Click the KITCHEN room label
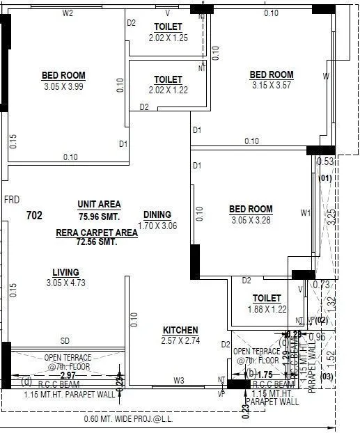(180, 330)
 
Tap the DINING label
(157, 215)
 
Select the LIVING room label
(65, 272)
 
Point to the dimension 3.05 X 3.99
(63, 86)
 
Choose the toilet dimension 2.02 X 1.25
(168, 38)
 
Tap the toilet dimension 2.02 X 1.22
(168, 90)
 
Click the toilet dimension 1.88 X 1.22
(267, 309)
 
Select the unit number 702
(34, 216)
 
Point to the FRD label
(11, 200)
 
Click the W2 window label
(68, 13)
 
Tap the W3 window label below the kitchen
(179, 380)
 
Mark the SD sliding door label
(65, 341)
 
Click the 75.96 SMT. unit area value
(99, 216)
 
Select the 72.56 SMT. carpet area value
(97, 242)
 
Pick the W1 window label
(305, 213)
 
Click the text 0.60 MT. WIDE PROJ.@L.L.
(128, 419)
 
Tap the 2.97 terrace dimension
(67, 375)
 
